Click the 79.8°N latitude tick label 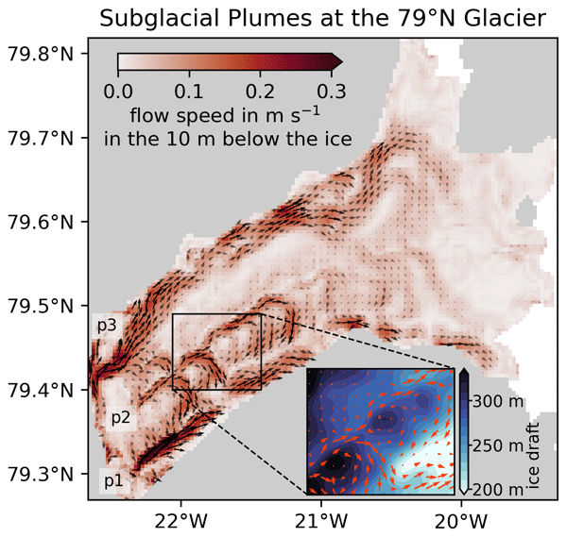pyautogui.click(x=41, y=54)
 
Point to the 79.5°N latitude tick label pyautogui.click(x=41, y=306)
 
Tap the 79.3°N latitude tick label pyautogui.click(x=41, y=474)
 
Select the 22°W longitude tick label pyautogui.click(x=180, y=521)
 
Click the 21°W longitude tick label pyautogui.click(x=321, y=521)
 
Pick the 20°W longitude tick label pyautogui.click(x=461, y=521)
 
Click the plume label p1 pyautogui.click(x=114, y=480)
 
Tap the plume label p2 pyautogui.click(x=121, y=418)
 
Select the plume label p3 pyautogui.click(x=107, y=326)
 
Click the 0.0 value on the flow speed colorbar pyautogui.click(x=118, y=92)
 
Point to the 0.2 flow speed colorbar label pyautogui.click(x=260, y=92)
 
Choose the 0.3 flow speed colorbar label pyautogui.click(x=332, y=92)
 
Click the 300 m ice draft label pyautogui.click(x=498, y=401)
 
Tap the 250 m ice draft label pyautogui.click(x=498, y=445)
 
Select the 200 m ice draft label pyautogui.click(x=498, y=490)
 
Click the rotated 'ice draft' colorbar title pyautogui.click(x=534, y=456)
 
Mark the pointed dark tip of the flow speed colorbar pyautogui.click(x=342, y=61)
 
